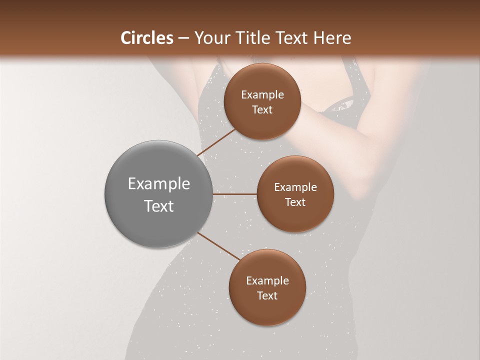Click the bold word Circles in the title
point(146,38)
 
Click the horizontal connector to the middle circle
point(234,194)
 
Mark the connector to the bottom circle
point(219,246)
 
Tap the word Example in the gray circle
point(159,183)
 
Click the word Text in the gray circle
point(159,206)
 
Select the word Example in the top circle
point(262,94)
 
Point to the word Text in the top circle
point(262,109)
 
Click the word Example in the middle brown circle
point(295,187)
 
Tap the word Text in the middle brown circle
point(295,202)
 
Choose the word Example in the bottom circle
point(267,280)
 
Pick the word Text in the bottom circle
point(267,295)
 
